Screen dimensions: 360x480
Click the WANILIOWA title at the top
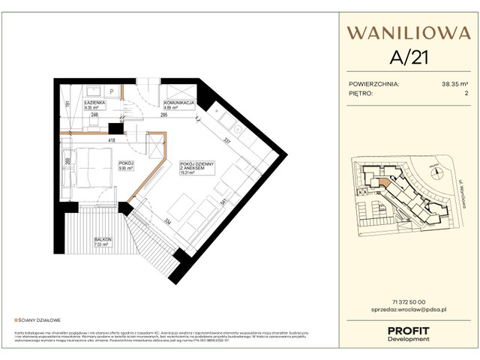coord(408,33)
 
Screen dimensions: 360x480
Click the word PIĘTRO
coord(363,94)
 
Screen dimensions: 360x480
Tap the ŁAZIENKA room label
coord(95,102)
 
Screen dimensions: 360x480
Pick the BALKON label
coord(103,240)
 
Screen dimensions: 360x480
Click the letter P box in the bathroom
coord(112,90)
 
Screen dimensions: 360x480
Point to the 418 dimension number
coord(111,140)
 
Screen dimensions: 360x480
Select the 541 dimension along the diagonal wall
coord(223,202)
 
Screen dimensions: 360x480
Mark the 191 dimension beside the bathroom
coord(67,105)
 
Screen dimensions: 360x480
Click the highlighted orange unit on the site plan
coord(385,181)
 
